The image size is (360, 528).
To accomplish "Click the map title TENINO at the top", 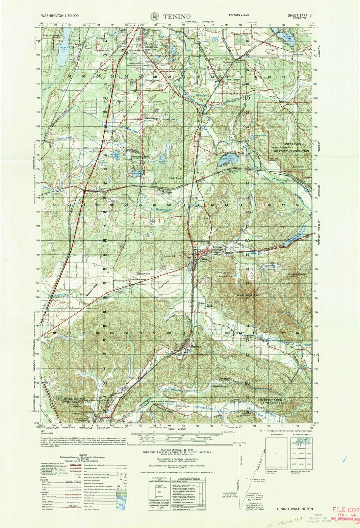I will pos(177,16).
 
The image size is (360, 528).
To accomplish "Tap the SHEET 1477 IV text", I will pos(301,16).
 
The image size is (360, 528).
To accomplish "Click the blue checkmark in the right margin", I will pos(344,459).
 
